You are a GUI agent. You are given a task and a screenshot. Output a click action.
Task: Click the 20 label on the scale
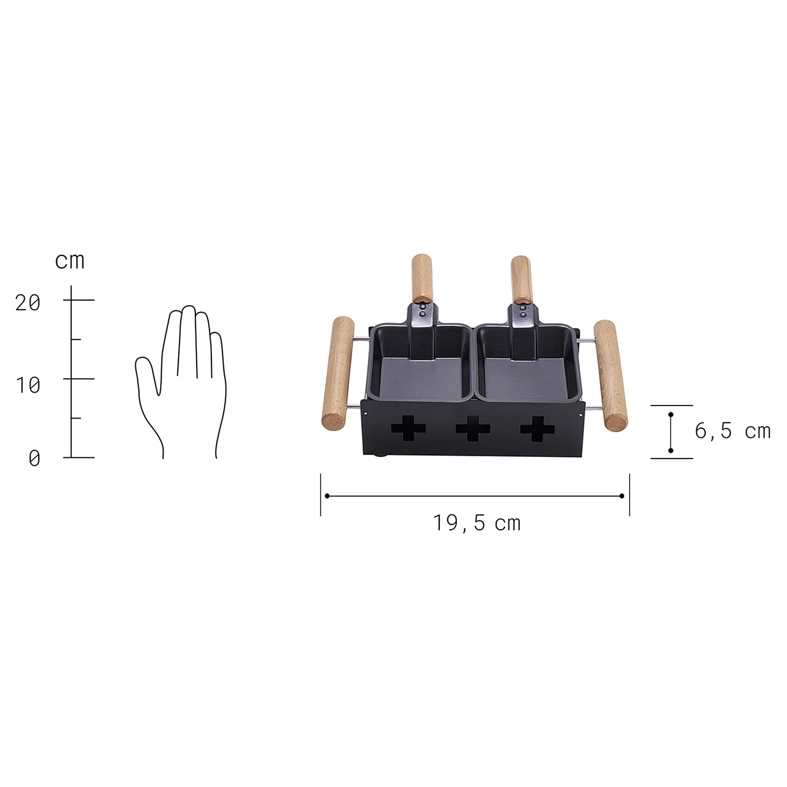point(28,303)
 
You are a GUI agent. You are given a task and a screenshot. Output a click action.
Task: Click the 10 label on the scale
point(28,386)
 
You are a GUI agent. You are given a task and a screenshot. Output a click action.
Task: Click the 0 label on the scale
point(34,459)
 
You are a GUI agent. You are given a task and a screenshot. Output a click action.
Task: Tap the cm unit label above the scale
point(70,261)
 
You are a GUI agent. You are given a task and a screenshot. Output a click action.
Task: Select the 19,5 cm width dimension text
point(476,523)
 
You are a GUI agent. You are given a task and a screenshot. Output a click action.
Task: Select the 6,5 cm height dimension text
point(732,431)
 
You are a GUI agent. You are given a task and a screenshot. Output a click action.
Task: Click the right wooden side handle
point(611,375)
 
